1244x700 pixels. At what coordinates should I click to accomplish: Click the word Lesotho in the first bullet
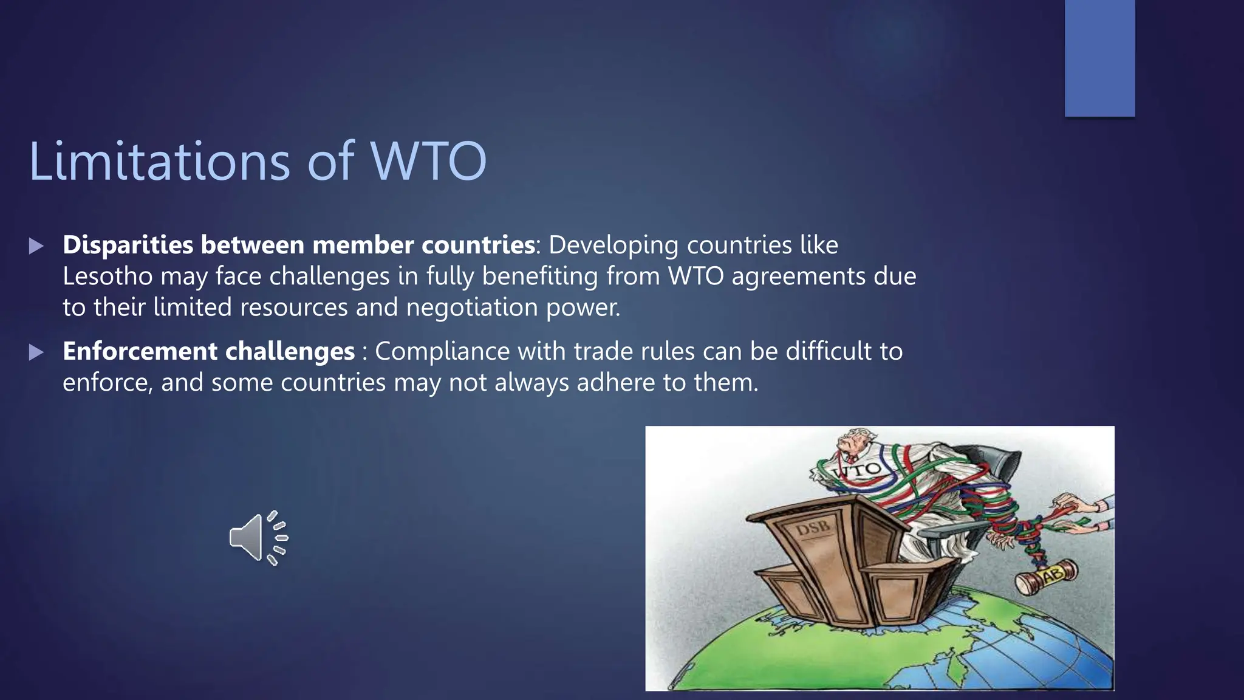[x=108, y=276]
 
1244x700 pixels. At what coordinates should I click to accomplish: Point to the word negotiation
[x=472, y=307]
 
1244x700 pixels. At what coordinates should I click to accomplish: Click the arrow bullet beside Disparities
[x=36, y=246]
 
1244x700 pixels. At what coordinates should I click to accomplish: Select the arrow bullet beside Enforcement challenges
[x=36, y=352]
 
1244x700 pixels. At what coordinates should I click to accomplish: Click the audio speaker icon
[x=258, y=538]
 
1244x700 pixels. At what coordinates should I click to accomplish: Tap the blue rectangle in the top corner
[x=1099, y=58]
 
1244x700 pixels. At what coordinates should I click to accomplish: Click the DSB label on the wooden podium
[x=812, y=528]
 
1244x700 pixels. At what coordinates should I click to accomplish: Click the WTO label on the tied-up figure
[x=858, y=470]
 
